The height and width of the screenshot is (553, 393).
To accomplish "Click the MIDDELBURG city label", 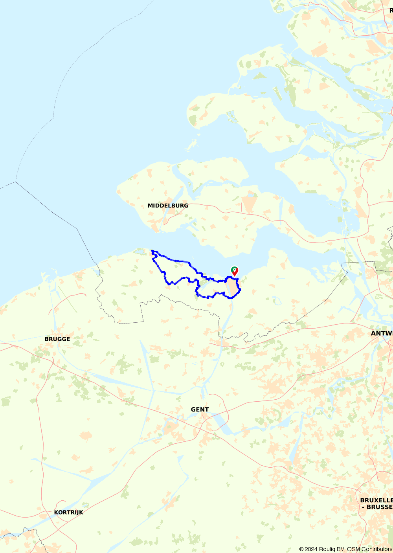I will point(168,206).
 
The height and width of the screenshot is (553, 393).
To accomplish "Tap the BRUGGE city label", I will point(57,339).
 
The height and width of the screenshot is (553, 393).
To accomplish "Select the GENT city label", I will point(200,410).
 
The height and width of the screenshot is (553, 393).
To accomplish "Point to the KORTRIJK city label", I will point(69,513).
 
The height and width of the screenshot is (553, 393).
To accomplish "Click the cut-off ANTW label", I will point(382,333).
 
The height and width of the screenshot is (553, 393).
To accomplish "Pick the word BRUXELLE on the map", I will point(376,500).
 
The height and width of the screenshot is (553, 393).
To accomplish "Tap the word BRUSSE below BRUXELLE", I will point(379,507).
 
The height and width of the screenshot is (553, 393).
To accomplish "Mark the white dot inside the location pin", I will point(234,270).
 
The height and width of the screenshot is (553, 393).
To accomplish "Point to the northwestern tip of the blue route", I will point(152,251).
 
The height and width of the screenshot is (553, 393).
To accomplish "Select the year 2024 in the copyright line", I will point(311,549).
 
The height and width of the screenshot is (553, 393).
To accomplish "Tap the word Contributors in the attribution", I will point(377,549).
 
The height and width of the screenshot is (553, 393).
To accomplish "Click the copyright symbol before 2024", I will point(301,549).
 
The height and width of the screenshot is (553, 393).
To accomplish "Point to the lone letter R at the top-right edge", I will point(391,11).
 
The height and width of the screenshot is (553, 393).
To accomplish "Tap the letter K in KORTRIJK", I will point(56,513).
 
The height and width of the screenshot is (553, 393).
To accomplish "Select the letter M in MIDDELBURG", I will point(150,206).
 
